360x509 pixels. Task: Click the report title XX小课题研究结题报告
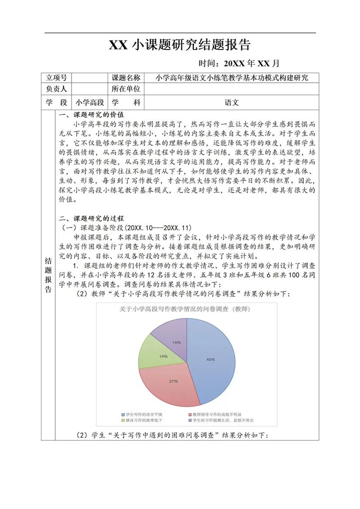[x=180, y=45]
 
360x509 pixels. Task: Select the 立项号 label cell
[x=56, y=78]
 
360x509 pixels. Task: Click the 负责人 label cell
[x=56, y=89]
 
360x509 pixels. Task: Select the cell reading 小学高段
[x=90, y=103]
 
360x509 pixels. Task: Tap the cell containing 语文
[x=231, y=103]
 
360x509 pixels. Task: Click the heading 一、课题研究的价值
[x=92, y=115]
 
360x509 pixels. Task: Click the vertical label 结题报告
[x=48, y=274]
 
